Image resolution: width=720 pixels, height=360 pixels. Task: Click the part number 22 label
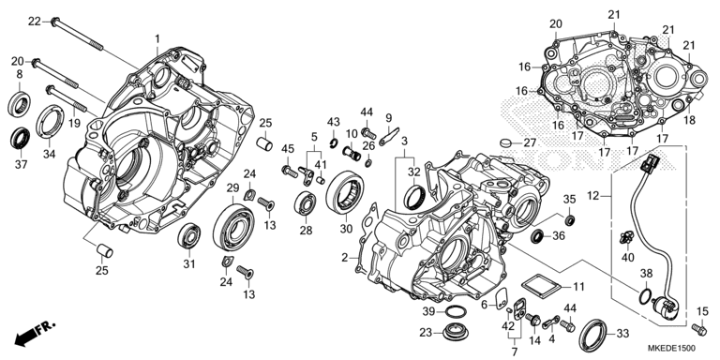[35, 22]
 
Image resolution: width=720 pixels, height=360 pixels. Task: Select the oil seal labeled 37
[20, 138]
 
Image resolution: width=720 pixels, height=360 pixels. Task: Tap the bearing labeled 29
[233, 222]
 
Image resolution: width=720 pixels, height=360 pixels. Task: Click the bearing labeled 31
[188, 235]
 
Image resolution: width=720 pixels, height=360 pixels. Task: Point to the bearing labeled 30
[344, 192]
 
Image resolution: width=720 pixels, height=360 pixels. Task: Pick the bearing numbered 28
[306, 203]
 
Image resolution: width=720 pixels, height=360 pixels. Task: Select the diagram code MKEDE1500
[671, 348]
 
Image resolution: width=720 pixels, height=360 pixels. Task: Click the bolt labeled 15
[698, 329]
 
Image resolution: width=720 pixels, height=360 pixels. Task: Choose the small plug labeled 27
[506, 142]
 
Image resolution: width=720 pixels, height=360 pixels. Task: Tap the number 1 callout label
[157, 38]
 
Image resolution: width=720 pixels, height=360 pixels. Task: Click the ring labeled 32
[414, 197]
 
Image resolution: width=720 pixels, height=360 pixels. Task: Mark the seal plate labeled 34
[49, 121]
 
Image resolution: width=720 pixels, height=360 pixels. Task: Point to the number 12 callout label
[593, 196]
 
